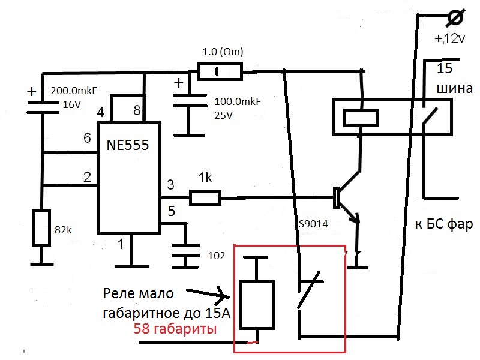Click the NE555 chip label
128,146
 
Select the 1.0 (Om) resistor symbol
219,73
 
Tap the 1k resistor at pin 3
205,197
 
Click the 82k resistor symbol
41,227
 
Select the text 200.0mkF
74,91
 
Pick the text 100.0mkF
238,102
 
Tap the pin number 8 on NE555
137,110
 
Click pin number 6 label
87,137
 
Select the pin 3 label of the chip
170,184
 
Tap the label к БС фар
444,224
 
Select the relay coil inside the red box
257,304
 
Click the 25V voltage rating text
224,115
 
